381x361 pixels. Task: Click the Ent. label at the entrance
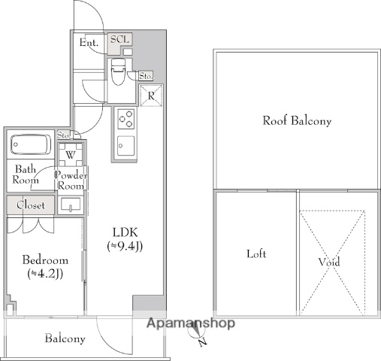(89, 43)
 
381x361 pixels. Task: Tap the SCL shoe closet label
(119, 40)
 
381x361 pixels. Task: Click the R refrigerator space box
(151, 96)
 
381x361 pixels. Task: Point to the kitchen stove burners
(125, 120)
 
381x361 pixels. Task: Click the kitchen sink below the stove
(125, 144)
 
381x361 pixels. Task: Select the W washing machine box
(70, 155)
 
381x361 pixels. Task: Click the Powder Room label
(71, 180)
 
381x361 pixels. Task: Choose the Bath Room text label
(26, 175)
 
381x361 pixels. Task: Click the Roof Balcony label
(296, 120)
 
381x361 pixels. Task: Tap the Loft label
(256, 254)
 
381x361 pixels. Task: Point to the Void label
(328, 262)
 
